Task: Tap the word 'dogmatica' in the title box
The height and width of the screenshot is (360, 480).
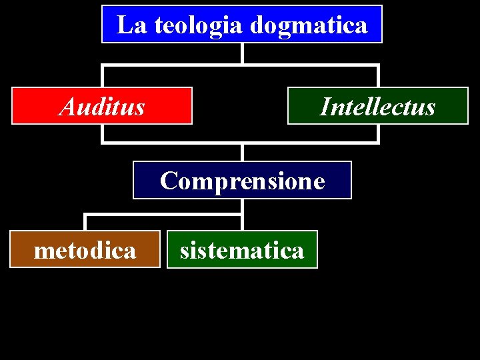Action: (309, 25)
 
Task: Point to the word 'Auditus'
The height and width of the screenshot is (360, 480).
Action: (102, 106)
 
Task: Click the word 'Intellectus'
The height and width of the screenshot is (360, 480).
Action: (377, 106)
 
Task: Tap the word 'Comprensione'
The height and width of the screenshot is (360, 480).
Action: (242, 181)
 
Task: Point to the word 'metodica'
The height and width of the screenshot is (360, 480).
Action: (85, 250)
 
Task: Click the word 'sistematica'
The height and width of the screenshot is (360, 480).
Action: (242, 250)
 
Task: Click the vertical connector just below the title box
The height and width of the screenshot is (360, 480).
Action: (242, 53)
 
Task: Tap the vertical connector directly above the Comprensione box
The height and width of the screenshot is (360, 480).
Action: (242, 152)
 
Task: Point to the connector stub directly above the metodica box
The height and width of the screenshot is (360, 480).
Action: (85, 222)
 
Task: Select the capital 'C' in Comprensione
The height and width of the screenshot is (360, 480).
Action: (169, 181)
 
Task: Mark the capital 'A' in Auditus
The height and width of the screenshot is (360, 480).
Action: (67, 106)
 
